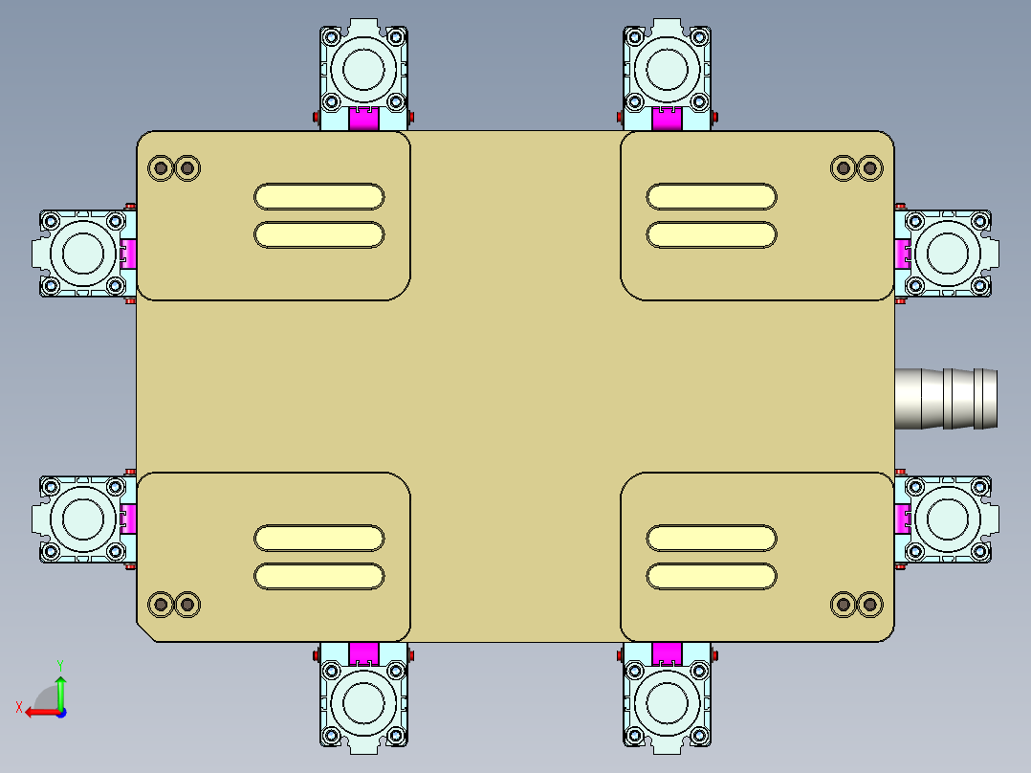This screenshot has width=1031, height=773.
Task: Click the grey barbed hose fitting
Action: (947, 398)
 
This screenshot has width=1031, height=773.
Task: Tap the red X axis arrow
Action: (38, 712)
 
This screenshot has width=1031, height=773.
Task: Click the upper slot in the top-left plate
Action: (319, 196)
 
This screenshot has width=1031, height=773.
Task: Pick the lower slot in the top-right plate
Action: (712, 234)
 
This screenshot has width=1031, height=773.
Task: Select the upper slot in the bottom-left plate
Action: (319, 538)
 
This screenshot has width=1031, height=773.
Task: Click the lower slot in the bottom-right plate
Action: (712, 576)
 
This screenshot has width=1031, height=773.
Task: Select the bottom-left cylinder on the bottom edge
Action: (363, 704)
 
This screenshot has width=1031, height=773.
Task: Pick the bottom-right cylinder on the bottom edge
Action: (668, 704)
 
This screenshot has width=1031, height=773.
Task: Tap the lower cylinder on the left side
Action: (82, 519)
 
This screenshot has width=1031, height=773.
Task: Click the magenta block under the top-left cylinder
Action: (363, 119)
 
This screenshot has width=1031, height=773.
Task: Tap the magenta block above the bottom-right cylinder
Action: (668, 654)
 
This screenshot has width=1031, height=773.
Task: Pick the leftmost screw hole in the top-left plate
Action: (161, 168)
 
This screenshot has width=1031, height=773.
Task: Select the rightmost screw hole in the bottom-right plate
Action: (869, 605)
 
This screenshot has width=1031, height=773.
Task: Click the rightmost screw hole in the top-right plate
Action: (869, 168)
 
